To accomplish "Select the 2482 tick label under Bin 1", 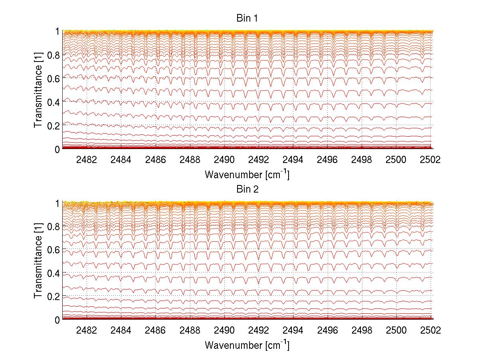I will pyautogui.click(x=87, y=159).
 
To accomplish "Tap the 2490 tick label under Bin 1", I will pyautogui.click(x=224, y=159).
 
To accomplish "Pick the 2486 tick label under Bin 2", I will pyautogui.click(x=156, y=330).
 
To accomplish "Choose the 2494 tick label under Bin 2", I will pyautogui.click(x=293, y=330).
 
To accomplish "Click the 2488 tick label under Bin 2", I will pyautogui.click(x=190, y=330).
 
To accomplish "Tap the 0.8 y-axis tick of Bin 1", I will pyautogui.click(x=53, y=55).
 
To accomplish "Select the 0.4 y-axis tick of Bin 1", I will pyautogui.click(x=53, y=102).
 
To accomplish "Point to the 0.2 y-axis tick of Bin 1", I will pyautogui.click(x=53, y=125).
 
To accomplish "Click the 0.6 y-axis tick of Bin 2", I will pyautogui.click(x=53, y=249).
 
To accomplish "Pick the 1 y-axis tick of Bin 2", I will pyautogui.click(x=57, y=203).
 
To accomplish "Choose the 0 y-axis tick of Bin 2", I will pyautogui.click(x=57, y=320).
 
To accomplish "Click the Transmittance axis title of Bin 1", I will pyautogui.click(x=38, y=90).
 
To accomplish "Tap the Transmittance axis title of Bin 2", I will pyautogui.click(x=38, y=261).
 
